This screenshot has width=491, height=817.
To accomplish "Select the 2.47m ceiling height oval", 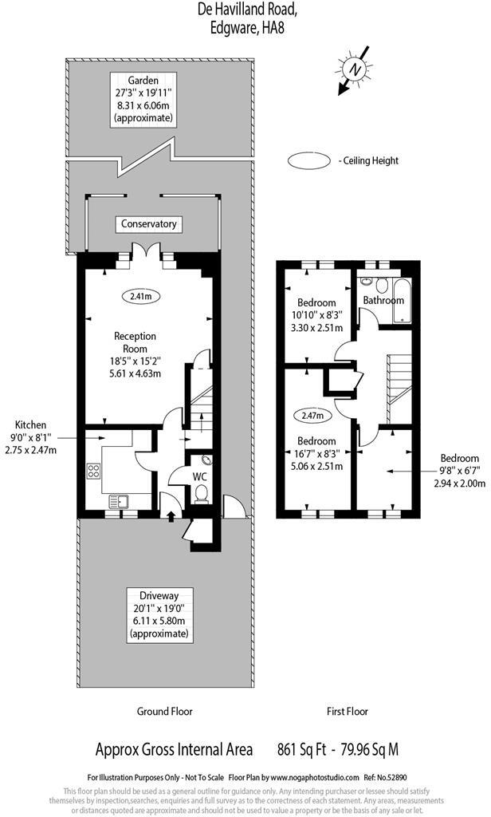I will [x=312, y=416].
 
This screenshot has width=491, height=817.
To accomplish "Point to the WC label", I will [x=199, y=476].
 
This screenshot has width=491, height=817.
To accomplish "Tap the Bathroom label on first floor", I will [x=383, y=300].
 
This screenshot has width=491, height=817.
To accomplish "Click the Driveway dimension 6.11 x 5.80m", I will [x=159, y=622].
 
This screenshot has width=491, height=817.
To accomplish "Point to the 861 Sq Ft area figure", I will [x=302, y=749].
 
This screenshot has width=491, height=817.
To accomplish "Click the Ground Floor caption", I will [x=165, y=711].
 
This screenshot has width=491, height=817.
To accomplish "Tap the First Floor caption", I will [x=348, y=711].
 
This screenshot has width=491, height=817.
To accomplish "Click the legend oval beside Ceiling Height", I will [x=309, y=160].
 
